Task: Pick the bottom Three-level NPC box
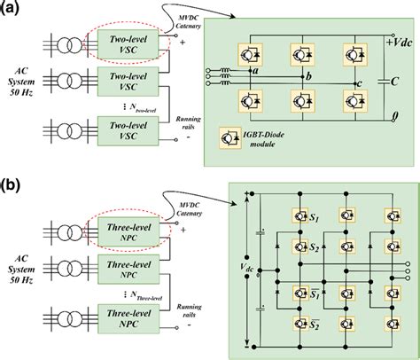[x=122, y=329]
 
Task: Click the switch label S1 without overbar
[x=315, y=215]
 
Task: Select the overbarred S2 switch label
[x=315, y=320]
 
